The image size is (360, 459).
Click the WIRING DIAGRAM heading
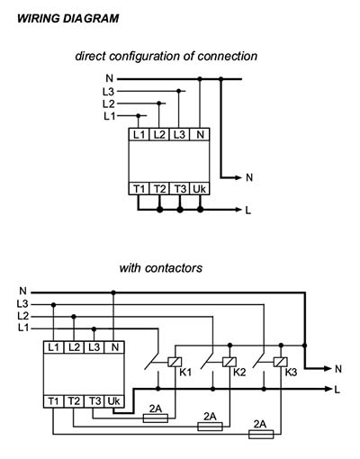[x=68, y=19]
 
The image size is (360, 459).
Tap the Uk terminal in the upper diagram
[x=200, y=189]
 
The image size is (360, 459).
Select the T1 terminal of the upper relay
[x=139, y=189]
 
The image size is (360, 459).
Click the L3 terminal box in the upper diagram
[x=179, y=134]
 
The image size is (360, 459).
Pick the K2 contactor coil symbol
[x=229, y=362]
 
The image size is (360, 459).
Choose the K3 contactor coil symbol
[x=281, y=362]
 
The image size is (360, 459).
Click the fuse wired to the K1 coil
[x=156, y=418]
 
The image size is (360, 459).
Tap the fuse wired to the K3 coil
[x=261, y=434]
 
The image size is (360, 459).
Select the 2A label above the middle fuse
[x=210, y=416]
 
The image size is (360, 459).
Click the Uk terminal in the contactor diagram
[x=114, y=401]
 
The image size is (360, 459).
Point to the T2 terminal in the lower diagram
[x=74, y=401]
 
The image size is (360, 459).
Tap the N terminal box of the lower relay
[x=114, y=347]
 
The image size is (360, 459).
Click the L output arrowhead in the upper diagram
[x=238, y=210]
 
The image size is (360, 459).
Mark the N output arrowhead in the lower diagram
[x=328, y=368]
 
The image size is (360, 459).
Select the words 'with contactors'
[x=161, y=268]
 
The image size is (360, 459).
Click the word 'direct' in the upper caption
[x=90, y=56]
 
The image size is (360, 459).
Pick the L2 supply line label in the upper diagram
[x=109, y=103]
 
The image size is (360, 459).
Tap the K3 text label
[x=291, y=373]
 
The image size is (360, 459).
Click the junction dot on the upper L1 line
[x=139, y=115]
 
